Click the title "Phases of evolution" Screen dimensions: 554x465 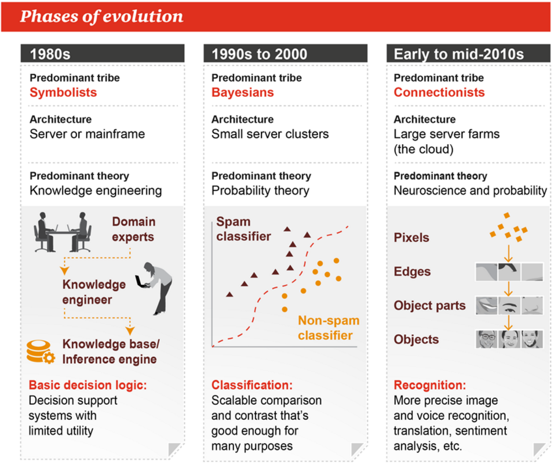click(x=101, y=17)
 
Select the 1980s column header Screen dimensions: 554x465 click(x=103, y=54)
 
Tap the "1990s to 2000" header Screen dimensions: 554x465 click(x=286, y=54)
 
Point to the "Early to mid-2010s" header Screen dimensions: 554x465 click(x=468, y=54)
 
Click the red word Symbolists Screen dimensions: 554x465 click(x=63, y=93)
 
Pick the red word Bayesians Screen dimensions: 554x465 click(x=243, y=93)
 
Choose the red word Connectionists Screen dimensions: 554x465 click(x=439, y=93)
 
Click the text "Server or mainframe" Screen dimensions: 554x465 click(x=88, y=134)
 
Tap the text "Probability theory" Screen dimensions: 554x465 click(x=260, y=191)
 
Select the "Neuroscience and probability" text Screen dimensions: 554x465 click(x=471, y=191)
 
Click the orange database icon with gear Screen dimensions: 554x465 click(x=41, y=352)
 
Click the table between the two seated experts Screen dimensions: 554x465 click(x=63, y=233)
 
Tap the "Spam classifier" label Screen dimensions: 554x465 click(x=243, y=229)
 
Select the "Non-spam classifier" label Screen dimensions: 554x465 click(x=329, y=328)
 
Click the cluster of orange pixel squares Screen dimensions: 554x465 click(x=509, y=228)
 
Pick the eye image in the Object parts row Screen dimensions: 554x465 click(x=509, y=305)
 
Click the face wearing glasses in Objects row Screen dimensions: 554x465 click(x=487, y=339)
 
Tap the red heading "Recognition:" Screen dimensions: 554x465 click(x=430, y=385)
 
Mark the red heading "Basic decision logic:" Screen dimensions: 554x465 click(x=88, y=385)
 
